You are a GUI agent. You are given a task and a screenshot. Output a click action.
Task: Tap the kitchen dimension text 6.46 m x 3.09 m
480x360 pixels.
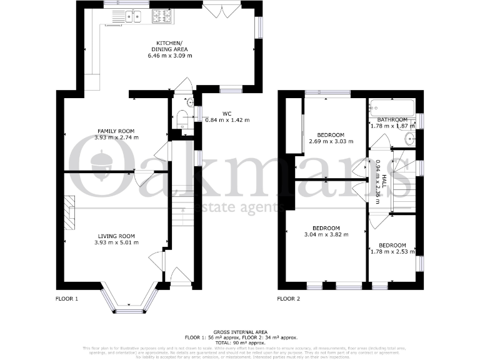click(x=170, y=56)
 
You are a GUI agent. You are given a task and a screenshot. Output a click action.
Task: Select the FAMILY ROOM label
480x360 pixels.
click(x=116, y=131)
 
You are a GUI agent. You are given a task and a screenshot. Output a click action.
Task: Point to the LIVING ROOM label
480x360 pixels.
click(x=116, y=236)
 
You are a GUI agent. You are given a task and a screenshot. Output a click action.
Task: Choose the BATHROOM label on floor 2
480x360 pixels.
click(x=392, y=119)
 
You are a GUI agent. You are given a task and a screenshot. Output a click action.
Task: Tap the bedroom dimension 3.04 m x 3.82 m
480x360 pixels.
click(x=327, y=234)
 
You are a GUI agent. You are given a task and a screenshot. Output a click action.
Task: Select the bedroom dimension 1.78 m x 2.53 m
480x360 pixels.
click(x=392, y=252)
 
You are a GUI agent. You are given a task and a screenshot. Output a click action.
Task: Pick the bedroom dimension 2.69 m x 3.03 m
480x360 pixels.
click(x=331, y=141)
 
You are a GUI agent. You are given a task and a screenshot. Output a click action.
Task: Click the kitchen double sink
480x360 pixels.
click(x=132, y=17)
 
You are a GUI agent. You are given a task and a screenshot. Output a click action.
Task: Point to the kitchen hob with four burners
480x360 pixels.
click(x=163, y=17)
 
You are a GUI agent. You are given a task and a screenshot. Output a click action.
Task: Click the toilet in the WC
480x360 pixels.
click(x=183, y=119)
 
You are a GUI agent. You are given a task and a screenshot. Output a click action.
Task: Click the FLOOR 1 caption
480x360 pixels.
click(x=67, y=299)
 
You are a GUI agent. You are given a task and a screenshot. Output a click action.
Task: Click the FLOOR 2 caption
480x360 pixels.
click(x=289, y=299)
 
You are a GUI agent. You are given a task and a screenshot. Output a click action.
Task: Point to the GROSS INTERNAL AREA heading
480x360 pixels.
click(x=240, y=332)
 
